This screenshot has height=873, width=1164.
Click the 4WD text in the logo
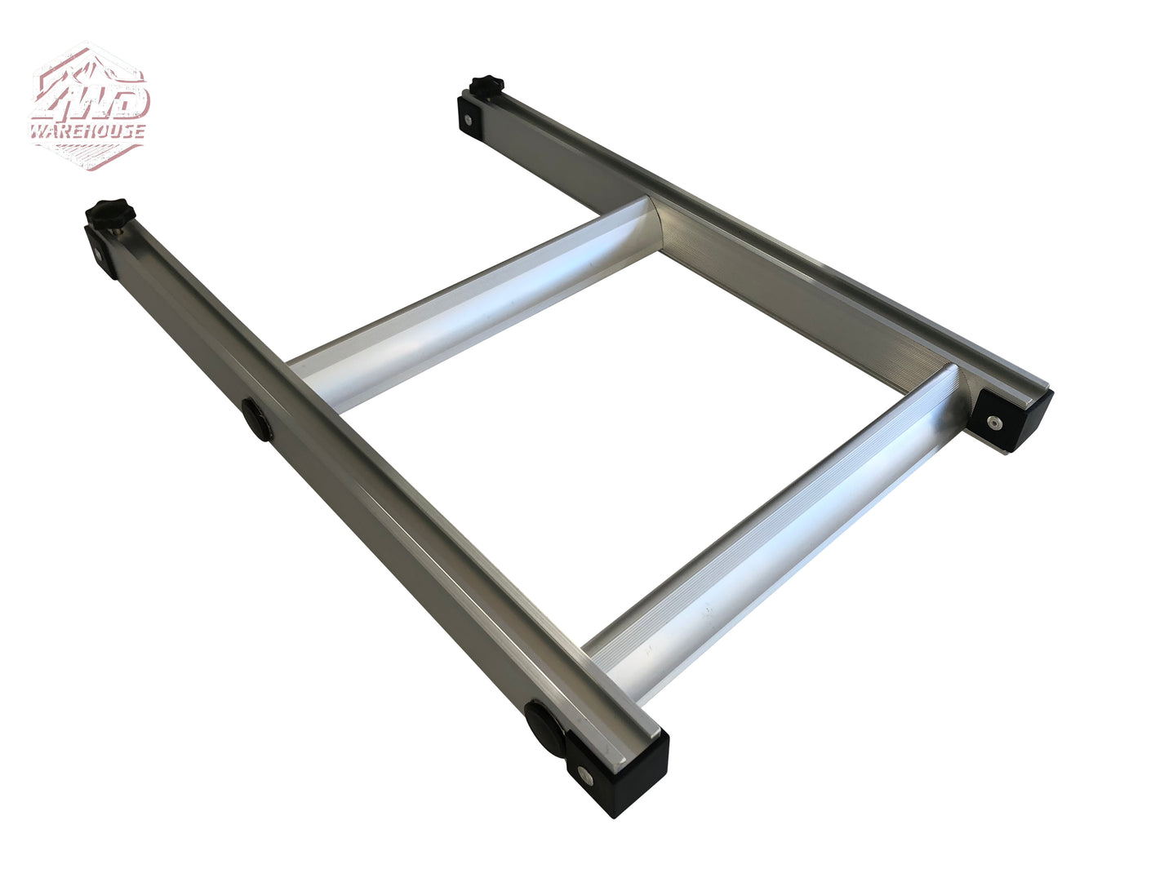click(91, 100)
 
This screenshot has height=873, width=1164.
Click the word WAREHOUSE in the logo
click(88, 131)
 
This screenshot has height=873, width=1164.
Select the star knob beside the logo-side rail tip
click(109, 214)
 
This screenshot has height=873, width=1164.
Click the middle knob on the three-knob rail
click(257, 419)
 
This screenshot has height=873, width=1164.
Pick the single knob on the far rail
click(487, 85)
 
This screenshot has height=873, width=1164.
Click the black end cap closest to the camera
click(620, 770)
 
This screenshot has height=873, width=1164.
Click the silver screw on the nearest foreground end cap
click(584, 773)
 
